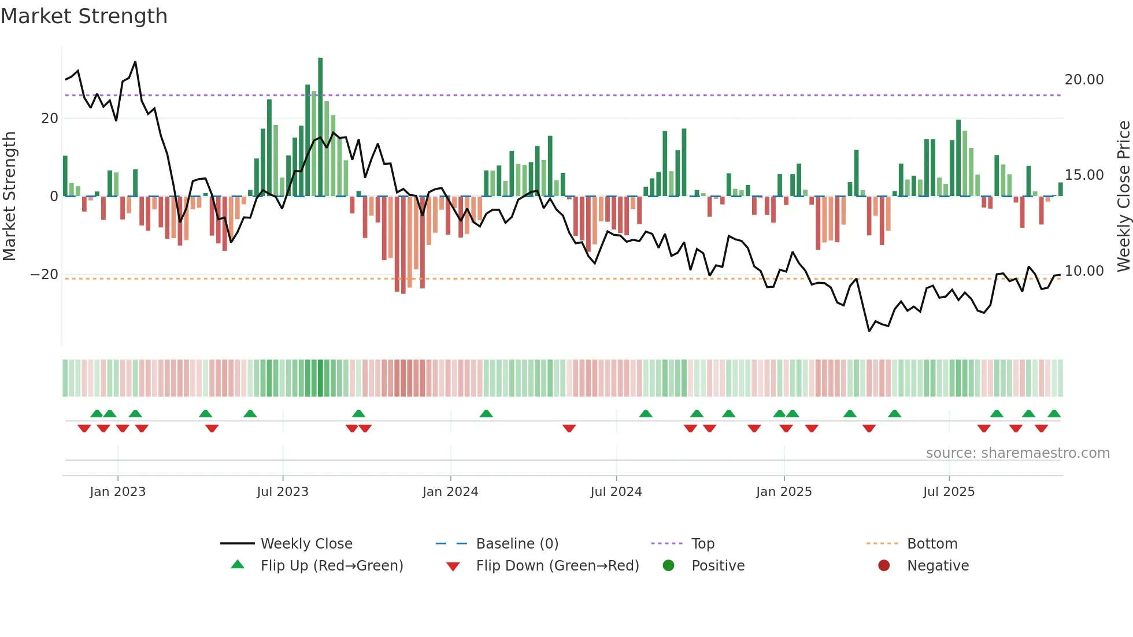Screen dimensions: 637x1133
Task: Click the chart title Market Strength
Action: (84, 16)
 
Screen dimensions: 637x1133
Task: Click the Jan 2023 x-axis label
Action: (117, 492)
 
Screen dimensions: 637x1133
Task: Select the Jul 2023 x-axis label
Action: (283, 492)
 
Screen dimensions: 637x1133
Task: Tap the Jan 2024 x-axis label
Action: (450, 492)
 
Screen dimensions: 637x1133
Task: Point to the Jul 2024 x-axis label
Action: (616, 492)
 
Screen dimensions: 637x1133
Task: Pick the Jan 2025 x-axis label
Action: (784, 492)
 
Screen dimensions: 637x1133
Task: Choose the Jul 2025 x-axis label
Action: (949, 492)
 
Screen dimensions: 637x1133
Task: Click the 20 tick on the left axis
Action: (50, 118)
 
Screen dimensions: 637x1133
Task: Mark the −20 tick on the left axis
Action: (45, 275)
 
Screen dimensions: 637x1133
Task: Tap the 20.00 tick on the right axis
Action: (1084, 80)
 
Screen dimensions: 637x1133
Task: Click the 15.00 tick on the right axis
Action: (1084, 175)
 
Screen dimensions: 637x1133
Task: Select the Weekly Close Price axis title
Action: (1123, 197)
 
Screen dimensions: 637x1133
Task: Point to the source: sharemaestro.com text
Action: (1017, 453)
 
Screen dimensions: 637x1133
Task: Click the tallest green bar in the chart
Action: (320, 127)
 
